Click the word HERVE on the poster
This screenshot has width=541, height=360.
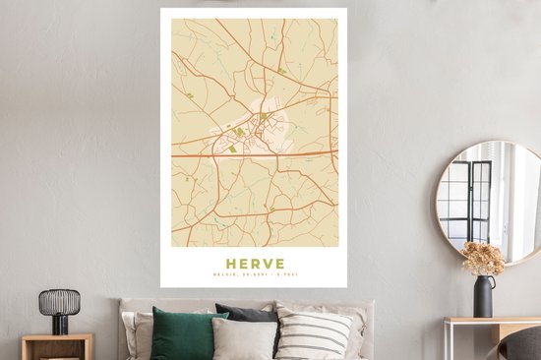(254, 264)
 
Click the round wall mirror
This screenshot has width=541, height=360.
(489, 201)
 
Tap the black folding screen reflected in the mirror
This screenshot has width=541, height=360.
(468, 201)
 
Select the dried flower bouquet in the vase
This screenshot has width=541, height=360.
(484, 259)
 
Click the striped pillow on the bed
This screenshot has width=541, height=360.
(312, 335)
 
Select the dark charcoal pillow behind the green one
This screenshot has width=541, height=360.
(246, 315)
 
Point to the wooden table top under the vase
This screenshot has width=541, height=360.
(492, 322)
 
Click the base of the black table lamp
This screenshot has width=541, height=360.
(59, 330)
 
